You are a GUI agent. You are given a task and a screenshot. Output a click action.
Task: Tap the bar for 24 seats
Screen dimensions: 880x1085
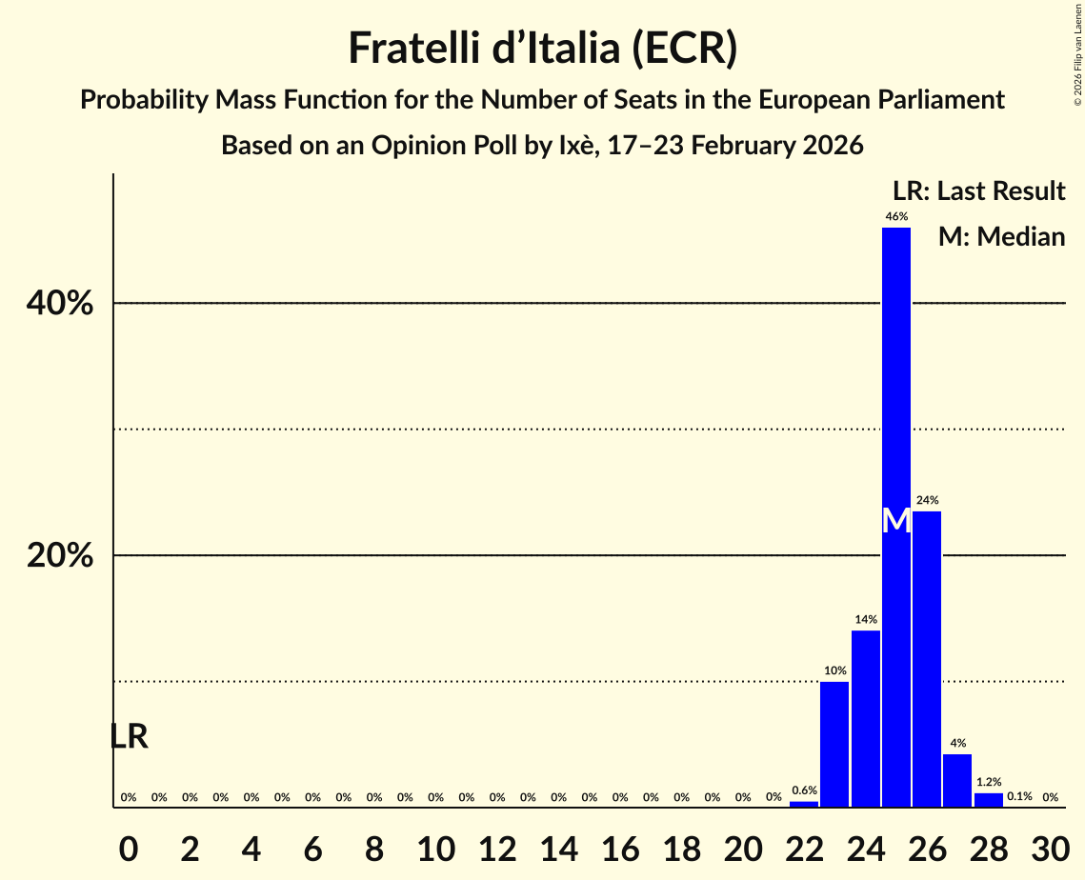(865, 719)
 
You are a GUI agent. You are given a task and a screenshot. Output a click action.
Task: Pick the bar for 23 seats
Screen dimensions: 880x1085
(834, 744)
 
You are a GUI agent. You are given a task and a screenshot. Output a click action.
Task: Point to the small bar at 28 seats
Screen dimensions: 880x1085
(988, 800)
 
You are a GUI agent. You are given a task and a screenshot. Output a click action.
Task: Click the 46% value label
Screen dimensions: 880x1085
(896, 217)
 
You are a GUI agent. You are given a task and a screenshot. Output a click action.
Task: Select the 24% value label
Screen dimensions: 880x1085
(927, 500)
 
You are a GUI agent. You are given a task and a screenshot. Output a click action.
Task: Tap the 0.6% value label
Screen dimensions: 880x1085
(804, 790)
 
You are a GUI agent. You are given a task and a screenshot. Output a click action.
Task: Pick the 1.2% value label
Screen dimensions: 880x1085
(989, 782)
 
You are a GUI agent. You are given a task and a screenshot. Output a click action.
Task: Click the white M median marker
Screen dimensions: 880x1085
(896, 520)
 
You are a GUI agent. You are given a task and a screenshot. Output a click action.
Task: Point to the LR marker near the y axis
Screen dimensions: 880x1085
(129, 736)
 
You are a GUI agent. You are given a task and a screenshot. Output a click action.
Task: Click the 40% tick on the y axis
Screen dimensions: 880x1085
(59, 304)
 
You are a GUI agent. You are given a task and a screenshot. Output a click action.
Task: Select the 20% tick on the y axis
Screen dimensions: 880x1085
(59, 556)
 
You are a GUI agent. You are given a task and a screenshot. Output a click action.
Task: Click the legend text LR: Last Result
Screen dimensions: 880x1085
(978, 191)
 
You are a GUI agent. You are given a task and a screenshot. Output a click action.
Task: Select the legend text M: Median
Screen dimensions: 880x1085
(1001, 237)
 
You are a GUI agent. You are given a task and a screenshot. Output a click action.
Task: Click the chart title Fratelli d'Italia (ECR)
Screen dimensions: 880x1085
(542, 49)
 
